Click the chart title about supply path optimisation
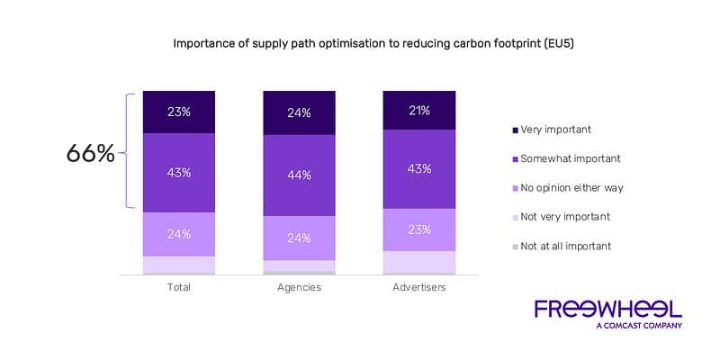coord(360,42)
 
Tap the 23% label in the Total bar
coord(179,112)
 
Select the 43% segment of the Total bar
coord(179,173)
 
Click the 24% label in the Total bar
coord(179,235)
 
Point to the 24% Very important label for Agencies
coord(299,113)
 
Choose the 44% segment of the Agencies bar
coord(299,175)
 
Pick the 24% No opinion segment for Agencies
coord(299,238)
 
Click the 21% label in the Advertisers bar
coord(418,111)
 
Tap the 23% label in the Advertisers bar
coord(418,229)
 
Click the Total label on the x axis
coord(179,288)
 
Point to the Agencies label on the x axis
coord(299,288)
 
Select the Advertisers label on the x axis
coord(418,288)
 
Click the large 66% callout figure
coord(90,154)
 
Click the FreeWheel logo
coord(607,312)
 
